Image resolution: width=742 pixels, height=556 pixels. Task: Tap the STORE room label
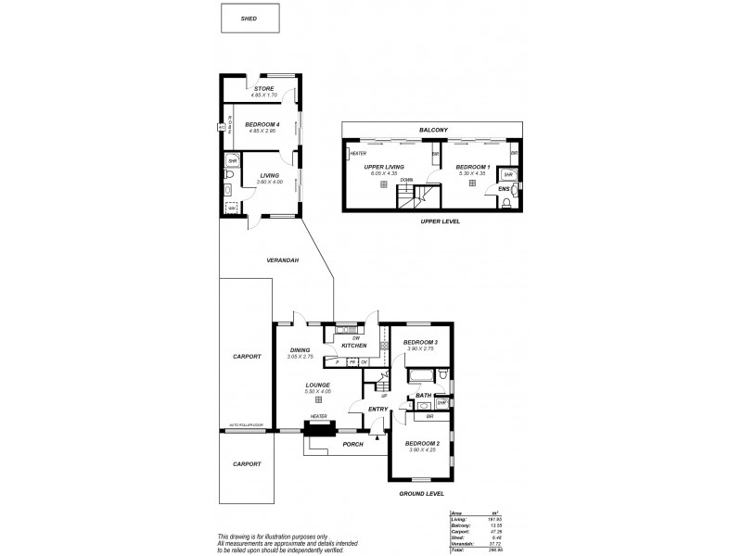click(263, 90)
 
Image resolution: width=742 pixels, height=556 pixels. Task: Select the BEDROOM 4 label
click(262, 124)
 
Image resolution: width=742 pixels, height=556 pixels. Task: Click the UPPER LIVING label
click(381, 167)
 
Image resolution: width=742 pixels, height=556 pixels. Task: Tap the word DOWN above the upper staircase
click(407, 180)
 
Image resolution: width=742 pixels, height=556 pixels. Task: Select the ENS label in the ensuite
click(504, 188)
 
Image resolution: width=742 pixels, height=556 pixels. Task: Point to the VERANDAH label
click(282, 260)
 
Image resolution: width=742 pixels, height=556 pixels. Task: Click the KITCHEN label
click(354, 345)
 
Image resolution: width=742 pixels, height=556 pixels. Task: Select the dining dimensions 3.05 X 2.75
click(299, 357)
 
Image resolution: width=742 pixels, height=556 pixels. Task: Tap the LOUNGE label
click(318, 384)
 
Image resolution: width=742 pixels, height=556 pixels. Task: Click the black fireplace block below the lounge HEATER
click(319, 427)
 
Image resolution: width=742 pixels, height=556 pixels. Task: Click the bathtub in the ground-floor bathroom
click(420, 374)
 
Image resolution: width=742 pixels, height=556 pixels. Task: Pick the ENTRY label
click(377, 409)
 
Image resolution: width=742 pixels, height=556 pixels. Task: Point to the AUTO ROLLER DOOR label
click(245, 426)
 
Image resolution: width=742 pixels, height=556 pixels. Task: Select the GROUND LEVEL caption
click(421, 494)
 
